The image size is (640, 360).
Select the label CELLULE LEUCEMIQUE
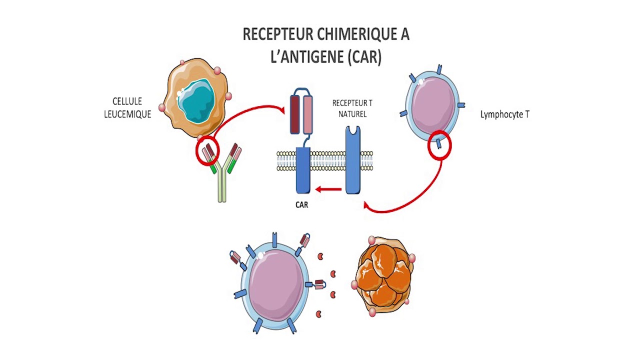127,107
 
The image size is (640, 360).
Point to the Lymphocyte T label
505,114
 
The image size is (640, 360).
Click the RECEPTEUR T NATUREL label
352,108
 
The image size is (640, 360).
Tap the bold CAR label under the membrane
301,205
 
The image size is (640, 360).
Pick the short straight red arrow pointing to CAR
328,189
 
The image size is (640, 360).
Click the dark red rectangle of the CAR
294,115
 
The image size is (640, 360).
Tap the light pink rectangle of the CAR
307,115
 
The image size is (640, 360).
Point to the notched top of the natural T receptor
353,130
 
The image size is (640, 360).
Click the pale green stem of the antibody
222,185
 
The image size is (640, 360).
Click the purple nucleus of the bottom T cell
276,285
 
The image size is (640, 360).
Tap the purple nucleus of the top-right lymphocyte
433,105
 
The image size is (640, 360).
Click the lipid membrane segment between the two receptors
327,161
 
